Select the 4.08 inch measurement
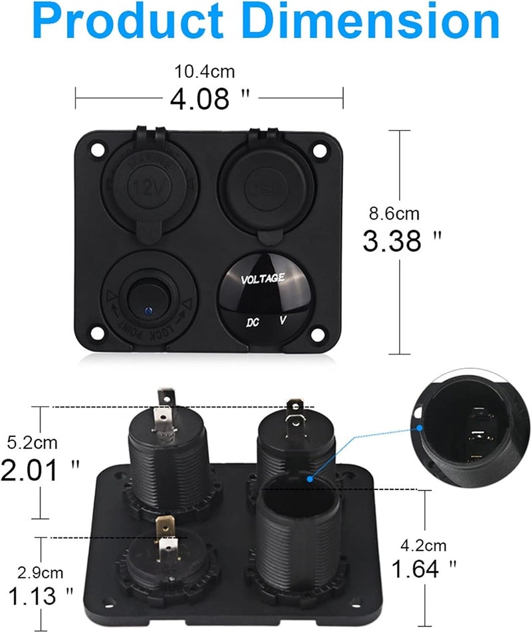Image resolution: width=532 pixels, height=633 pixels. [200, 99]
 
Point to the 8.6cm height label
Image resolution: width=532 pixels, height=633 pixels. [394, 213]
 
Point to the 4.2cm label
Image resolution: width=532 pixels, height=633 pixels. [423, 546]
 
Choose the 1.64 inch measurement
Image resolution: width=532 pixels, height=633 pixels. [424, 569]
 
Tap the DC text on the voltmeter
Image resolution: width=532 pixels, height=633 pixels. [251, 323]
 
